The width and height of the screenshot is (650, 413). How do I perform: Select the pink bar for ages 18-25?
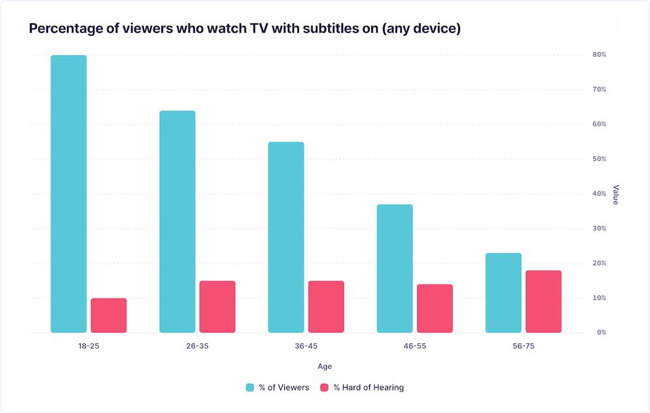click(x=109, y=316)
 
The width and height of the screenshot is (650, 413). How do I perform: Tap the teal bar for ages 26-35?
click(x=177, y=221)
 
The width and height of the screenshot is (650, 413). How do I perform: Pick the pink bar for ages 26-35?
click(x=217, y=307)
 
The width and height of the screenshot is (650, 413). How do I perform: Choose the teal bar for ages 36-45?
click(x=286, y=237)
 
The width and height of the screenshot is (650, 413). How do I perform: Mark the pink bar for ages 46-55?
click(x=435, y=308)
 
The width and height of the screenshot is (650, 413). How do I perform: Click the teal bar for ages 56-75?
click(x=503, y=293)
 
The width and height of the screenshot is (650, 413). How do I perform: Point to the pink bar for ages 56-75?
click(x=543, y=301)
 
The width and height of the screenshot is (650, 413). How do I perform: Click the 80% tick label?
click(x=599, y=55)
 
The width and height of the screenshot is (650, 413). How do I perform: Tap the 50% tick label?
click(x=599, y=159)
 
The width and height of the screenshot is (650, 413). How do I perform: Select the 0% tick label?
click(x=601, y=332)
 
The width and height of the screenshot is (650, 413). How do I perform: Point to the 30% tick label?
click(x=599, y=229)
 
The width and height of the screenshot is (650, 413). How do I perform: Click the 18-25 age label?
click(x=88, y=346)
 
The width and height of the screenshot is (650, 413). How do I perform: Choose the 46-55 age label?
click(x=414, y=346)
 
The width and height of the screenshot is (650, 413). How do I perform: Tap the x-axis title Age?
click(x=324, y=367)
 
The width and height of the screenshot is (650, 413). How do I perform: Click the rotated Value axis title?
click(x=616, y=194)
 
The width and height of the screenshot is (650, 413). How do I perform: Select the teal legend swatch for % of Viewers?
click(x=250, y=388)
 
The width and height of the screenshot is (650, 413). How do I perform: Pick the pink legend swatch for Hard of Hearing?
click(x=324, y=388)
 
